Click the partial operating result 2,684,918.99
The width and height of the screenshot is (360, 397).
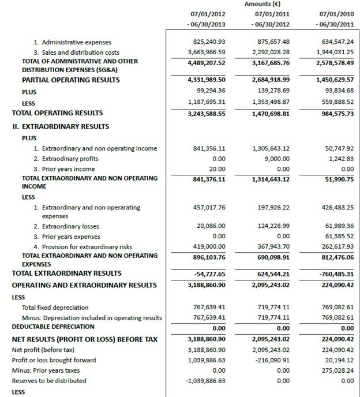tap(271, 80)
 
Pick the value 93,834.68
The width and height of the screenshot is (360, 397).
tap(339, 91)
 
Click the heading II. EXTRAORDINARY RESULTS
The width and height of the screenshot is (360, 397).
tap(61, 126)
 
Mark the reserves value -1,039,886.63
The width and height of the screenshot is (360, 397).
tap(205, 381)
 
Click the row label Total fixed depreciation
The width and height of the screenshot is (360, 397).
tap(55, 308)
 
